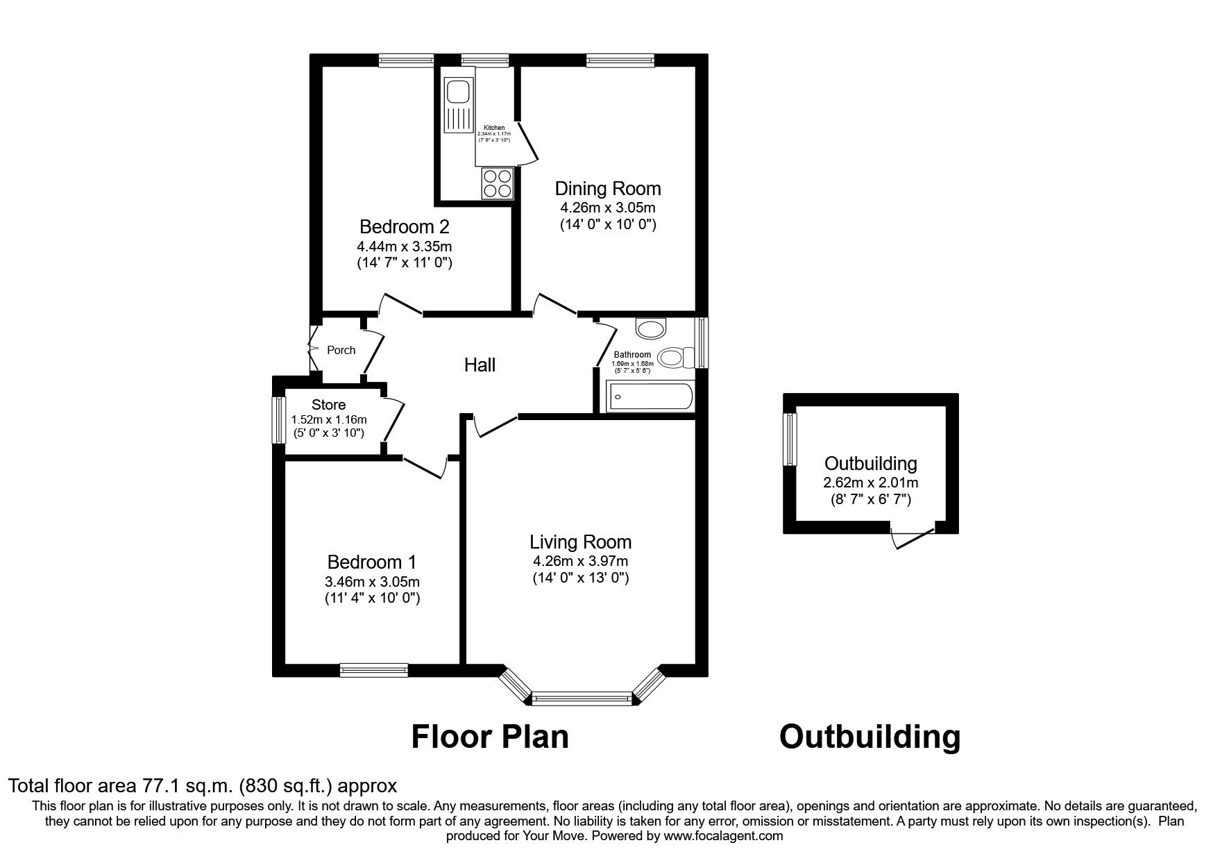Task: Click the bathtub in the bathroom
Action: tap(650, 397)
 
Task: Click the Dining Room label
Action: tap(608, 189)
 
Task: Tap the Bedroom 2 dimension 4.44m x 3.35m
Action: tap(405, 246)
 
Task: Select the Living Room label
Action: tap(580, 542)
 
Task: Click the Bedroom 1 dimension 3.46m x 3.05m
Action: tap(372, 582)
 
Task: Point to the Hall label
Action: tap(480, 365)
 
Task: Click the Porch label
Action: tap(341, 350)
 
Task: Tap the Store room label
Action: tap(328, 405)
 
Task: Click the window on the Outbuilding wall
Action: tap(790, 439)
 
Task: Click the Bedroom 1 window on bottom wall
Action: tap(373, 669)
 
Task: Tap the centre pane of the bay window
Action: tap(582, 699)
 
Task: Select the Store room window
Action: tap(278, 419)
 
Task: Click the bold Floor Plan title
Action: tap(490, 737)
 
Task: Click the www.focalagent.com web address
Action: tap(723, 836)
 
